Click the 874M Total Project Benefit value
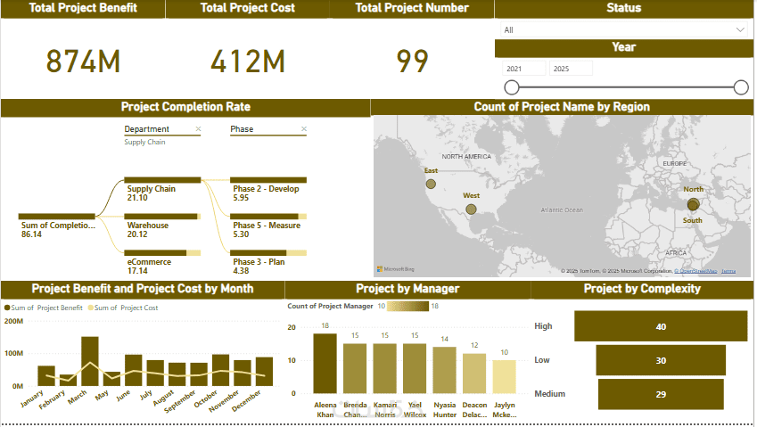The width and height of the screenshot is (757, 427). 83,62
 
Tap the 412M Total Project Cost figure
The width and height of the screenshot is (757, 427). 248,62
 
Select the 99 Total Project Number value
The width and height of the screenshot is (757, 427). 412,62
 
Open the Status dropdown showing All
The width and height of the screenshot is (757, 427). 623,29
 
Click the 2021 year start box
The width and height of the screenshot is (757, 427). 522,69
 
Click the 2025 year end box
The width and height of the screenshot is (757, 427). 571,69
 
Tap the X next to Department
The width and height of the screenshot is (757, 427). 198,129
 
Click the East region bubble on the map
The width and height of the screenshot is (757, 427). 431,184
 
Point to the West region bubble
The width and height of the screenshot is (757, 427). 471,209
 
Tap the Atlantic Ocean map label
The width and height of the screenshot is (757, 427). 561,210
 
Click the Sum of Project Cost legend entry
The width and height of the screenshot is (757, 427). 126,308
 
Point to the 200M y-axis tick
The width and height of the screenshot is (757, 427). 15,321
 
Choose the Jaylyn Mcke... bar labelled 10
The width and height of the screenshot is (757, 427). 504,377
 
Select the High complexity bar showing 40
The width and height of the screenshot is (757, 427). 660,326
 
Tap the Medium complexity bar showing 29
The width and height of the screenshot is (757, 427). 660,394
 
